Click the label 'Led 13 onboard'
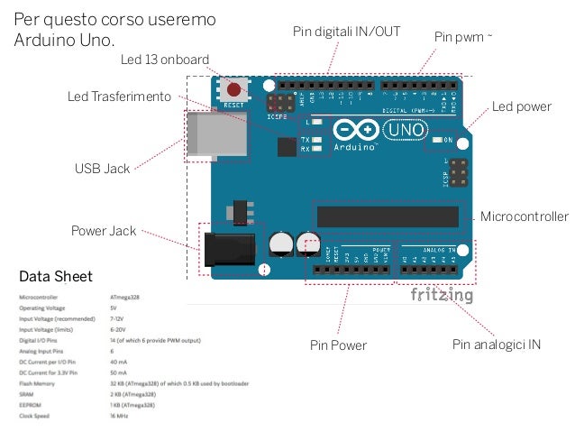point(165,60)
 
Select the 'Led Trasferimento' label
point(119,97)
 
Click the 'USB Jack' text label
point(102,168)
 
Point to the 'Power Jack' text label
point(104,231)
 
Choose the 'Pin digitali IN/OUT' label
point(346,32)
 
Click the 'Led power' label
point(521,107)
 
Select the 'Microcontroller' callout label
point(525,217)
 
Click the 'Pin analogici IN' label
point(496,345)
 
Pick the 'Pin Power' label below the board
point(338,345)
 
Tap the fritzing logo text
point(442,296)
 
